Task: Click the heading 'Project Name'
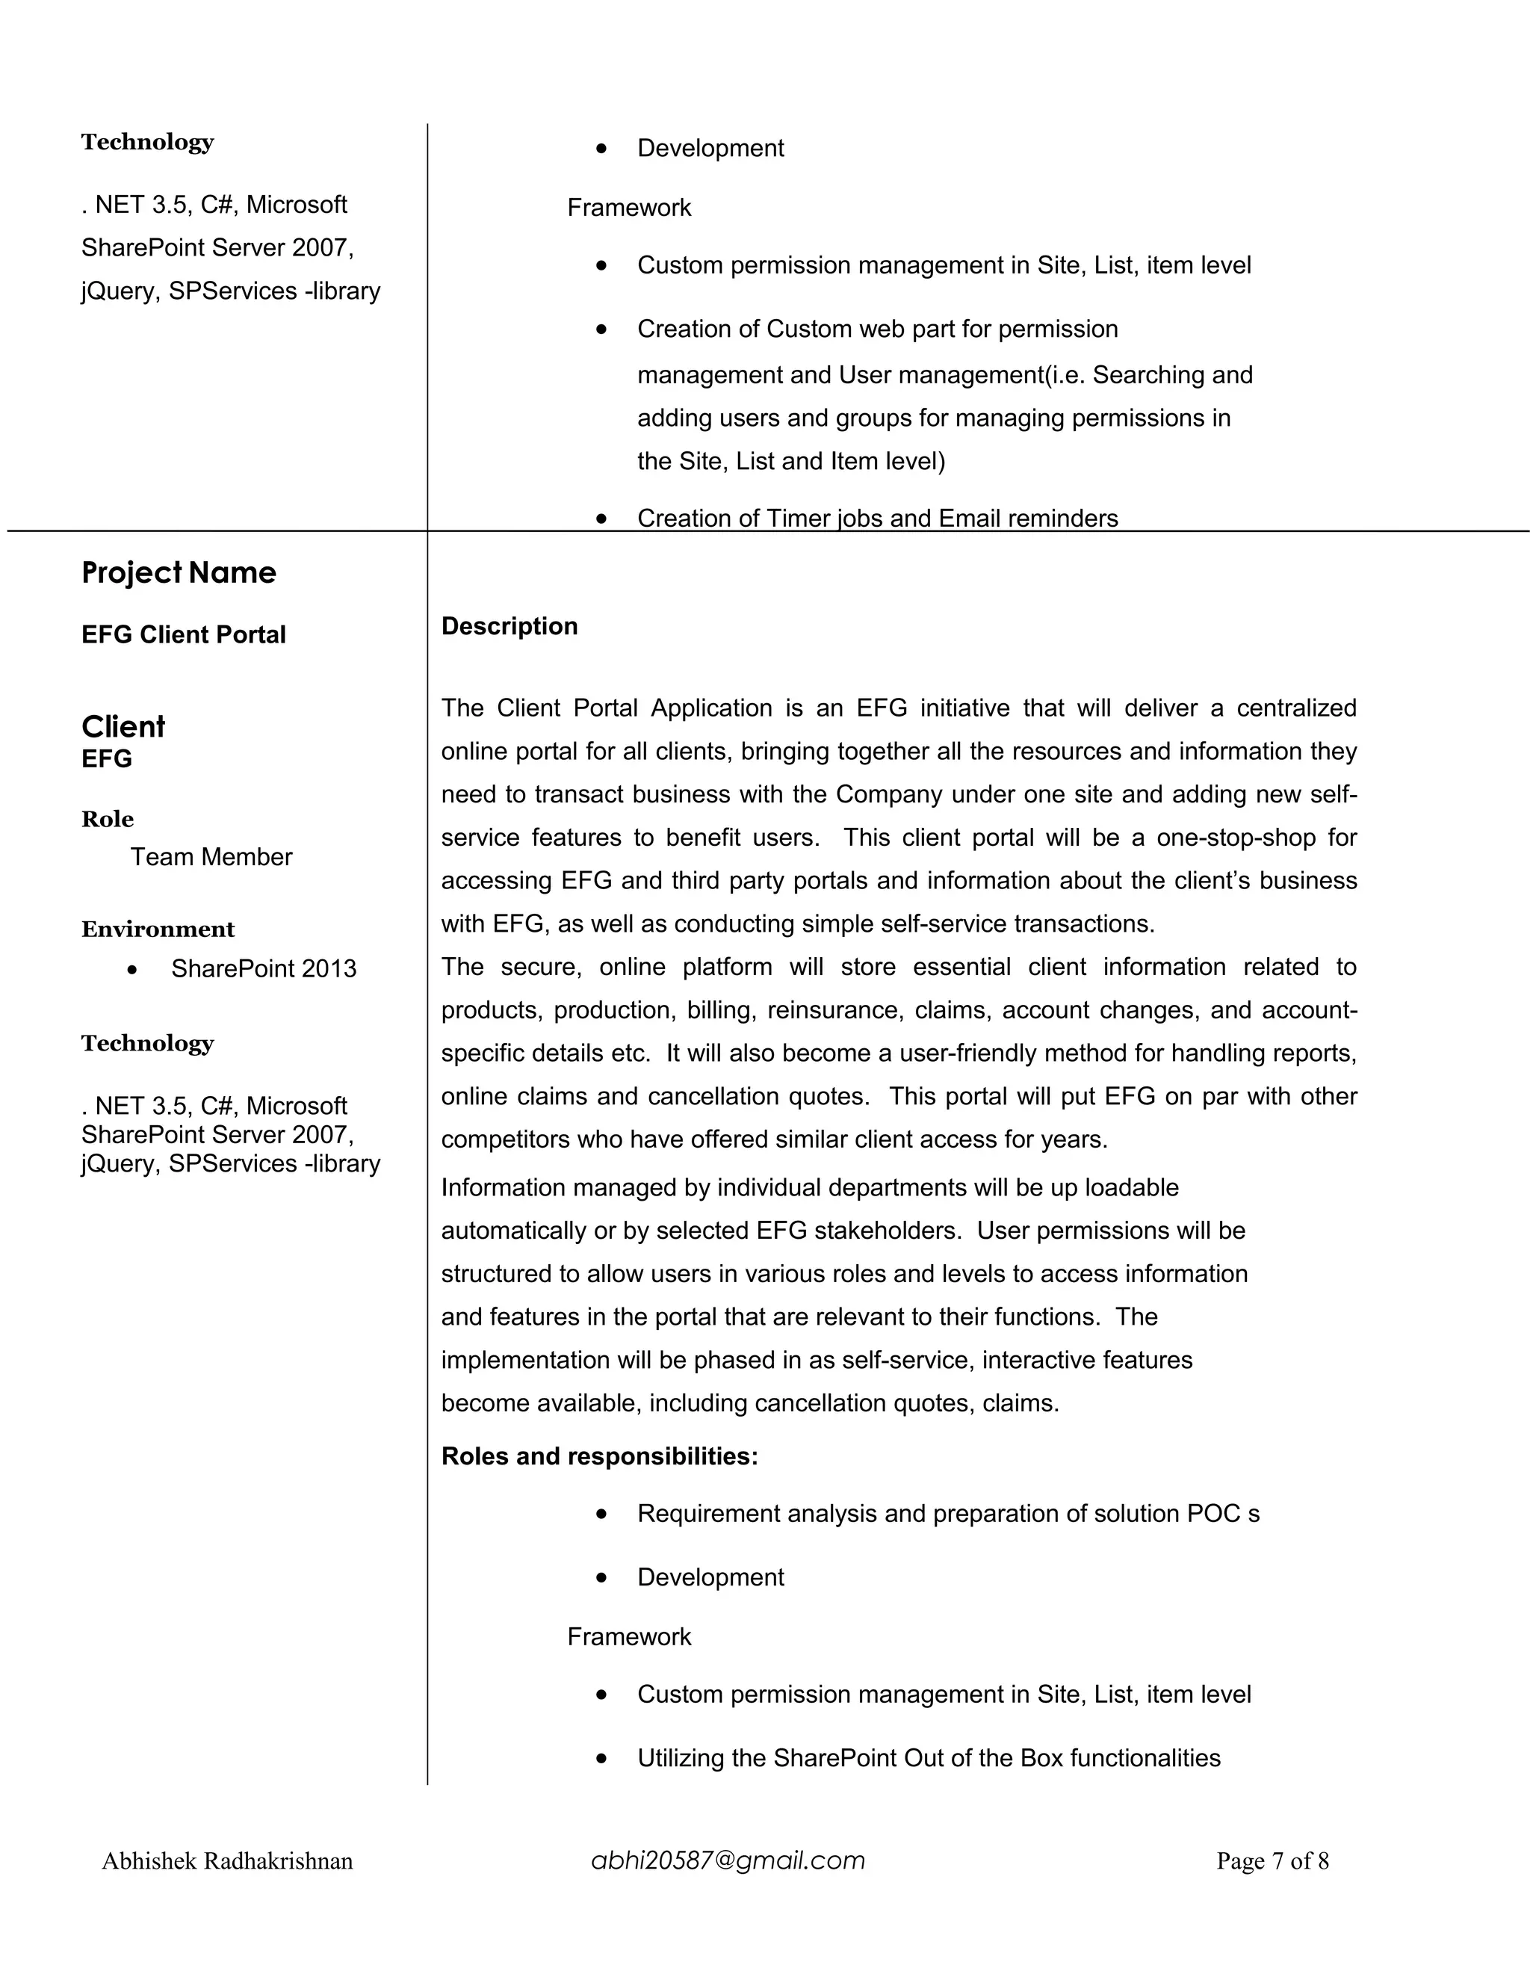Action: point(179,573)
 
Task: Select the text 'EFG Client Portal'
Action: point(183,634)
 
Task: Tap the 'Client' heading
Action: point(123,726)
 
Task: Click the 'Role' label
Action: point(108,819)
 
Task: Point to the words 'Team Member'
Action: point(211,857)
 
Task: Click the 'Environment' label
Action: point(158,929)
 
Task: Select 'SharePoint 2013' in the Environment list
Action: point(263,969)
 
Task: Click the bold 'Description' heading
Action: point(509,626)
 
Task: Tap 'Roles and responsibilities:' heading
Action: point(599,1456)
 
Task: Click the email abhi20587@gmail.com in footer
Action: point(728,1860)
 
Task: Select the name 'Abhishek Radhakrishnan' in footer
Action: point(226,1861)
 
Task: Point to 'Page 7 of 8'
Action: point(1272,1861)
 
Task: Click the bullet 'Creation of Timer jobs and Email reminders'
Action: point(876,518)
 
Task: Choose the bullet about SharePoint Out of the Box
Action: point(928,1758)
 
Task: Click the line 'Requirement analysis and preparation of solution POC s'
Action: point(947,1513)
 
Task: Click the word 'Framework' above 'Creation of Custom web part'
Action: point(628,208)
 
